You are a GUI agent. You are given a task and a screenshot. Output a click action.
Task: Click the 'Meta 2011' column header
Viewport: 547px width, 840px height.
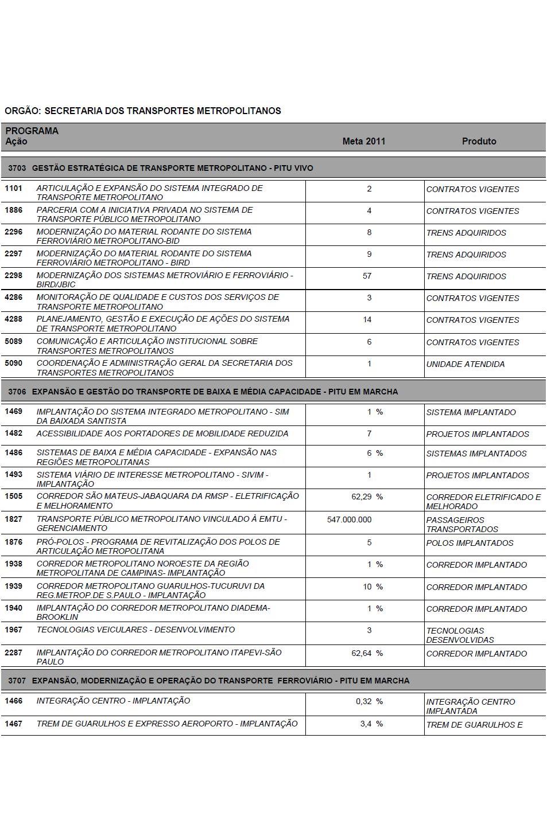[x=363, y=141]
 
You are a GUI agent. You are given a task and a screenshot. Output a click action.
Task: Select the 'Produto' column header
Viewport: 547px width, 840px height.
[x=479, y=141]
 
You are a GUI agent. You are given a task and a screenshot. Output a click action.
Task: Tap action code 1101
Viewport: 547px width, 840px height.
[x=13, y=188]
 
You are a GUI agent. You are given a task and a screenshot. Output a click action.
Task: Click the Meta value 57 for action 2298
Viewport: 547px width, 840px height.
[x=367, y=276]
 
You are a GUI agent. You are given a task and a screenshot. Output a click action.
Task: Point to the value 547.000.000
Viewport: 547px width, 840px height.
[x=349, y=519]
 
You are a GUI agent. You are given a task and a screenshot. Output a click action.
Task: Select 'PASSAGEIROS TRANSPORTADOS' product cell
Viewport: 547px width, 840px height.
[x=461, y=524]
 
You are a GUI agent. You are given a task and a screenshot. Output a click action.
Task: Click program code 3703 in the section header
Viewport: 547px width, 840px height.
[x=17, y=168]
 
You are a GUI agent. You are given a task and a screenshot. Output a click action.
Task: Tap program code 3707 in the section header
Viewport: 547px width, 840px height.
[x=17, y=681]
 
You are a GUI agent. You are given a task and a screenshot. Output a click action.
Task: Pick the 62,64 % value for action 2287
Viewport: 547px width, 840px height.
[x=367, y=653]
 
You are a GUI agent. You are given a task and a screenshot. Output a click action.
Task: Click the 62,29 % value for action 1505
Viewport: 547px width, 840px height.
[x=367, y=497]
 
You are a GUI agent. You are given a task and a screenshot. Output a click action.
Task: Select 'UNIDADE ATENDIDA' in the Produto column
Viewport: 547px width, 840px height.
[x=465, y=364]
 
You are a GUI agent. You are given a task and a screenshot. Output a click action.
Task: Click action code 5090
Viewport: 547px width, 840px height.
[x=13, y=363]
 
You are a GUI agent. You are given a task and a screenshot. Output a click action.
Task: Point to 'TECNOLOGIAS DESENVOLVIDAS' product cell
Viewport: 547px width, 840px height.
[x=459, y=635]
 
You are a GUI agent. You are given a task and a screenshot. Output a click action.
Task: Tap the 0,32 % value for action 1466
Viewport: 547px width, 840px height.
[x=368, y=701]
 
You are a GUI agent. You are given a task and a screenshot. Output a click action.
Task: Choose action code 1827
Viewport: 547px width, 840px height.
[x=13, y=519]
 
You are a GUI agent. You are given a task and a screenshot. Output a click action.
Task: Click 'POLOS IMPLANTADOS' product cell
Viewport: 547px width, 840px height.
[x=470, y=543]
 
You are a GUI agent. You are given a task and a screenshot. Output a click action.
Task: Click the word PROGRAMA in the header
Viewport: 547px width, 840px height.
[x=32, y=131]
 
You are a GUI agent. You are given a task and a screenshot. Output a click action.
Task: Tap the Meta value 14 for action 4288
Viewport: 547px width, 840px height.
[x=367, y=319]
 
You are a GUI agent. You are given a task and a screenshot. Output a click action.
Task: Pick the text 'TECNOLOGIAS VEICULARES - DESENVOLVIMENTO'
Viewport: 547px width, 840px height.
[x=135, y=630]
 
